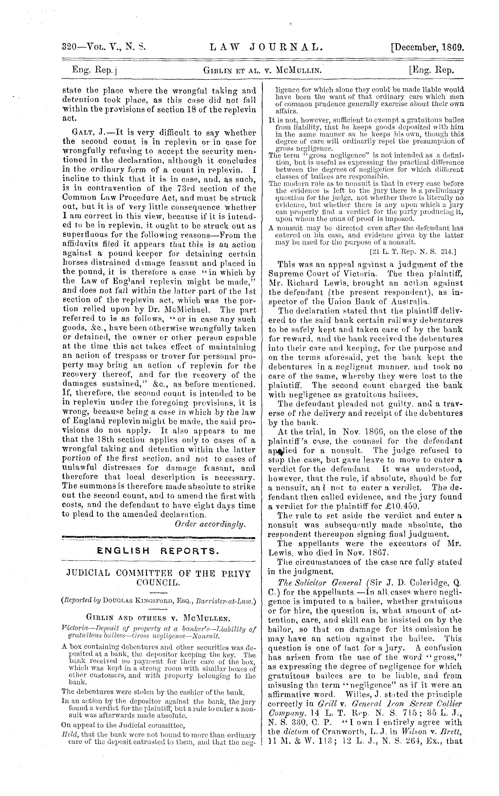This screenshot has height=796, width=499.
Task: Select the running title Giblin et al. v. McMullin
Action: tap(262, 70)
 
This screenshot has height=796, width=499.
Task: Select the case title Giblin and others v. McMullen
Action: tap(159, 617)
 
